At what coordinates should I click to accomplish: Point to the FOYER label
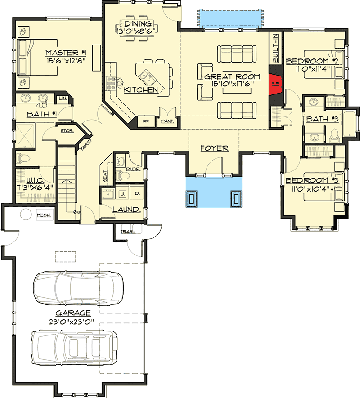tap(215, 148)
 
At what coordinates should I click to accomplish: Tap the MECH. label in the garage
tap(44, 215)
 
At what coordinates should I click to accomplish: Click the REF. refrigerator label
tap(146, 121)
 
